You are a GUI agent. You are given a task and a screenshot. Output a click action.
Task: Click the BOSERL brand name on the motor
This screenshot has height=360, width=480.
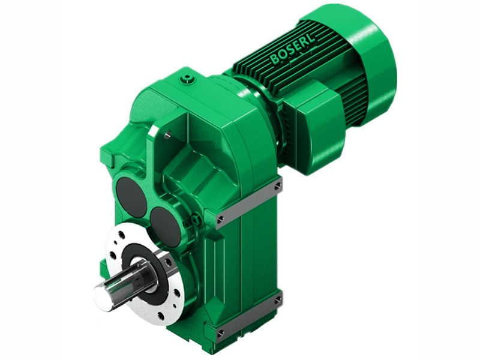(292, 50)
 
